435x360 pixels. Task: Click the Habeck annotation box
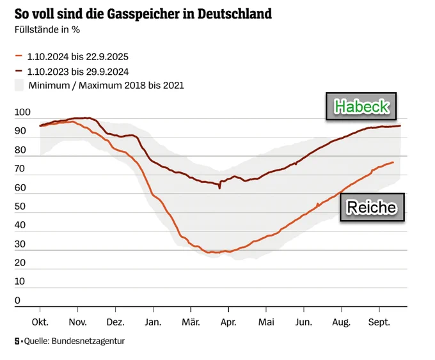point(361,106)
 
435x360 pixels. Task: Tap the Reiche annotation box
point(372,207)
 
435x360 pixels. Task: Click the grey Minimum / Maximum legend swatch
point(19,85)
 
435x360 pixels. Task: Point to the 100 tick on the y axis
point(22,112)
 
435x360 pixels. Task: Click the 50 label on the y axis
point(20,206)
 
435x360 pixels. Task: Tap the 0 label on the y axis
point(17,300)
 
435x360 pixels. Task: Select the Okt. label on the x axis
point(40,322)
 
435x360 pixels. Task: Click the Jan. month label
point(153,322)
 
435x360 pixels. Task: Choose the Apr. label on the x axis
point(228,322)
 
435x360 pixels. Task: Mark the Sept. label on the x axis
point(379,322)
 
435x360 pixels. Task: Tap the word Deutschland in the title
point(235,13)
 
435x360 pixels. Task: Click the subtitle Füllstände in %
point(47,29)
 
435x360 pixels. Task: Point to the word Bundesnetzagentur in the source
point(88,341)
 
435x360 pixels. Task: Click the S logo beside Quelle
point(17,341)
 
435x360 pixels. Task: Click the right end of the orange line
point(393,162)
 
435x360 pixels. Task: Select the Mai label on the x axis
point(266,322)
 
